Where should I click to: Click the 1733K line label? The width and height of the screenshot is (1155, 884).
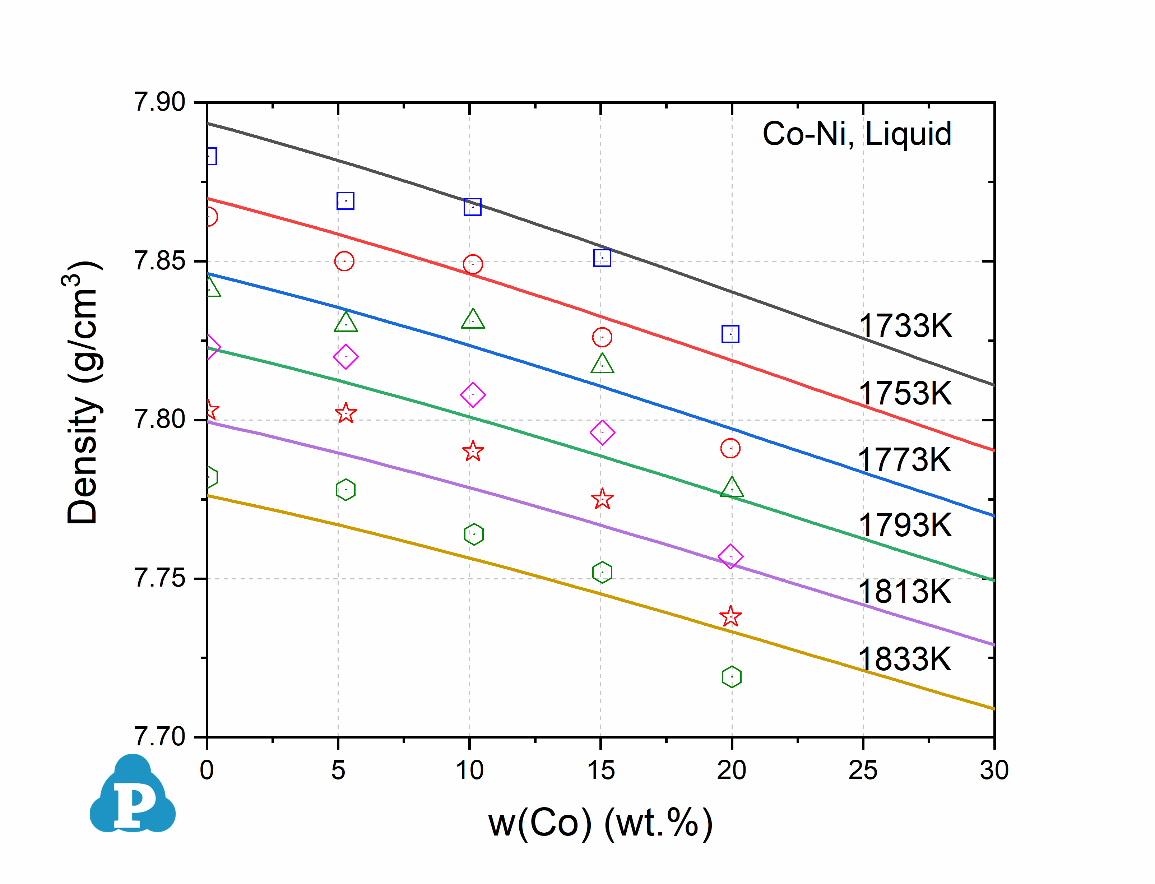[x=905, y=326]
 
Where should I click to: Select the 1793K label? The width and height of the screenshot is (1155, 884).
[x=905, y=525]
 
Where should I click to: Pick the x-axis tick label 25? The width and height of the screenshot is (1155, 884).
[x=863, y=770]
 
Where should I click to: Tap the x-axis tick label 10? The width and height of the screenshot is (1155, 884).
[x=469, y=770]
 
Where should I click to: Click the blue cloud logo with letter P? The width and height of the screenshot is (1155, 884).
[x=133, y=796]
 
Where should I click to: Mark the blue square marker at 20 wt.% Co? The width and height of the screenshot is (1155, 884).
[x=730, y=334]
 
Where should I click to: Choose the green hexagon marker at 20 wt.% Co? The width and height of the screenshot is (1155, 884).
[x=731, y=677]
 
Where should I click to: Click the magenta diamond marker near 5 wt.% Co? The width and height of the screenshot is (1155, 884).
[x=345, y=357]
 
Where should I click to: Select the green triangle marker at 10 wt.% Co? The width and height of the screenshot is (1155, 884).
[x=473, y=319]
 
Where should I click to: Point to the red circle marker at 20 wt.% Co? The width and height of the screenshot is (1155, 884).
[x=730, y=448]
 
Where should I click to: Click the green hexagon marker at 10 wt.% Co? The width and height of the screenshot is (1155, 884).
[x=473, y=534]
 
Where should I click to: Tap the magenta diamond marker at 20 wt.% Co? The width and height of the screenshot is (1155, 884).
[x=730, y=556]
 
